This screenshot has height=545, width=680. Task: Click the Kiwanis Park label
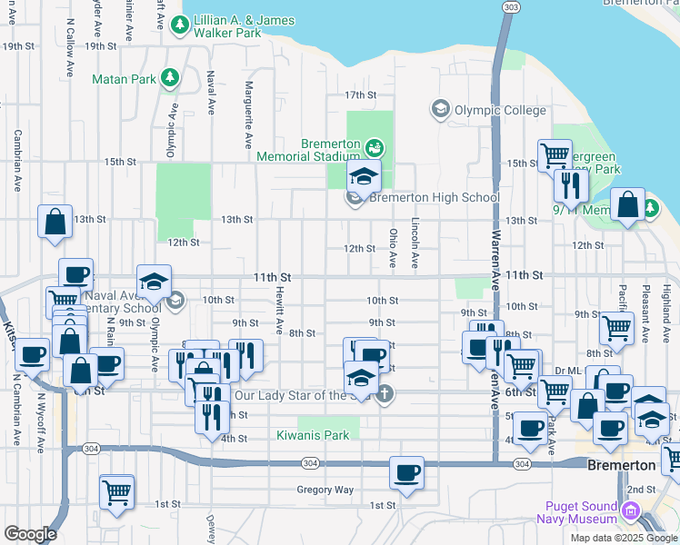pos(313,436)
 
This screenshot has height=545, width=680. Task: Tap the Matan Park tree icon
pos(169,79)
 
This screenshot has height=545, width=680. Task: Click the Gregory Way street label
pos(325,490)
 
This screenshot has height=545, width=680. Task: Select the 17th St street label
pos(360,94)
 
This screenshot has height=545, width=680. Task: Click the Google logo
pos(31,534)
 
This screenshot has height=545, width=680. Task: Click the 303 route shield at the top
pos(511,7)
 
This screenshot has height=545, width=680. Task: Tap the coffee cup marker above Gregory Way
pos(407,472)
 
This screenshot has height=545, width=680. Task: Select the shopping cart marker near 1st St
pos(117,492)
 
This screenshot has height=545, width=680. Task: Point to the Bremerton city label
pos(622,465)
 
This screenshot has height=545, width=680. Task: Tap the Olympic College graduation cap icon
pos(441,111)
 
